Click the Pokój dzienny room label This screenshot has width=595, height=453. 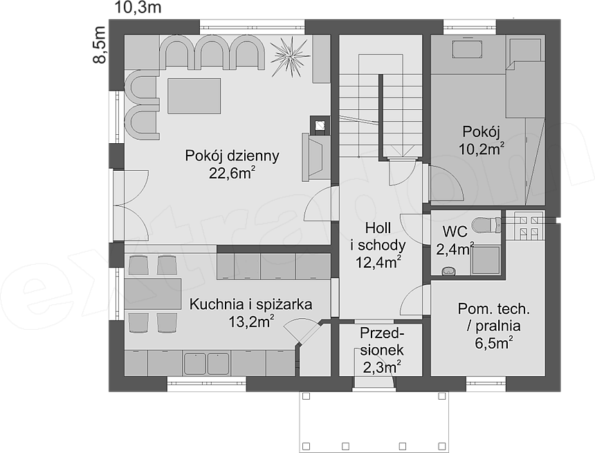(x=232, y=156)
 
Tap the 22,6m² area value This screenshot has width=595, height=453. (x=232, y=173)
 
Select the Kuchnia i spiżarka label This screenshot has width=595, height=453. (x=251, y=304)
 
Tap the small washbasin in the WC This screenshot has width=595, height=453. (x=450, y=270)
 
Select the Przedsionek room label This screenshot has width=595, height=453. (x=381, y=342)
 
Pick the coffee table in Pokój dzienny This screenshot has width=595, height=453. (x=194, y=96)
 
